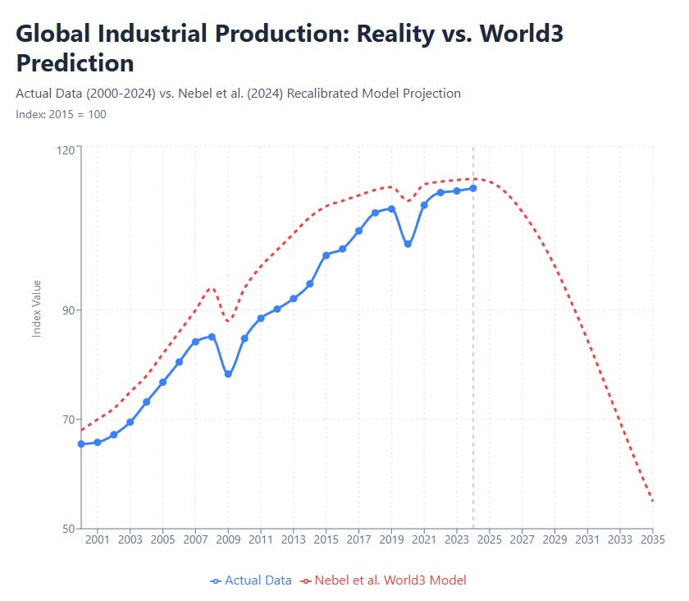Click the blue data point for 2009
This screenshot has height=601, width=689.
click(x=228, y=374)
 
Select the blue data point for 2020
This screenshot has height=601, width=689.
click(x=408, y=245)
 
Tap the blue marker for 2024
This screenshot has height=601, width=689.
click(x=473, y=189)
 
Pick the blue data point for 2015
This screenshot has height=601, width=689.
click(x=326, y=255)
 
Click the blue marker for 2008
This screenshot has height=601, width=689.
click(x=212, y=337)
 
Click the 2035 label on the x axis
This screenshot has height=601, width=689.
click(x=652, y=540)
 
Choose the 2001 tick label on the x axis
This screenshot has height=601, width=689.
click(x=98, y=540)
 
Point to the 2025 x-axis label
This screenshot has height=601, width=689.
click(x=489, y=540)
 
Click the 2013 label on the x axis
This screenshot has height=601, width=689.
click(x=294, y=540)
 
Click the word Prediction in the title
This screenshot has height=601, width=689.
click(x=75, y=63)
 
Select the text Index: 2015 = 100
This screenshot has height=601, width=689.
click(x=61, y=114)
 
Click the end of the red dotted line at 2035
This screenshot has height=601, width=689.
click(x=652, y=501)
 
